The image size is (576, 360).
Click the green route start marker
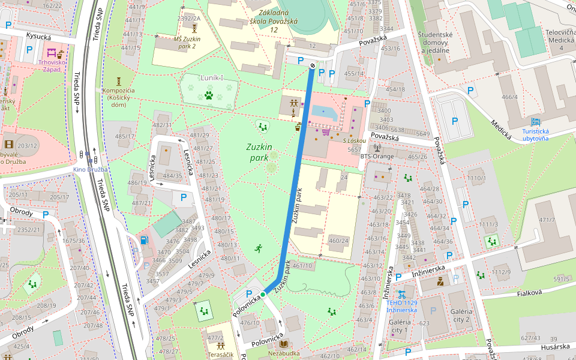click(x=263, y=294)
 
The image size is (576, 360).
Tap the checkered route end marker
click(x=313, y=65)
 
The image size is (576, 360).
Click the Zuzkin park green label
click(x=259, y=152)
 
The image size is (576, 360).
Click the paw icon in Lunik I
click(x=209, y=95)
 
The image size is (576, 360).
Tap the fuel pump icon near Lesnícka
click(x=144, y=240)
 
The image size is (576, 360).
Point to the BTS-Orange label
click(x=377, y=157)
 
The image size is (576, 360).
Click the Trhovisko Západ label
click(x=52, y=65)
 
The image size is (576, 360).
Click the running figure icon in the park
click(x=258, y=247)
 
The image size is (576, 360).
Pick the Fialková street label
click(x=529, y=292)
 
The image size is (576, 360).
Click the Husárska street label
click(x=554, y=346)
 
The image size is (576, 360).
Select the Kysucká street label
click(x=38, y=37)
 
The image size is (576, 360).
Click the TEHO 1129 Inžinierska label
click(x=401, y=306)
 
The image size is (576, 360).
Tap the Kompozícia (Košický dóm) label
click(x=118, y=98)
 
